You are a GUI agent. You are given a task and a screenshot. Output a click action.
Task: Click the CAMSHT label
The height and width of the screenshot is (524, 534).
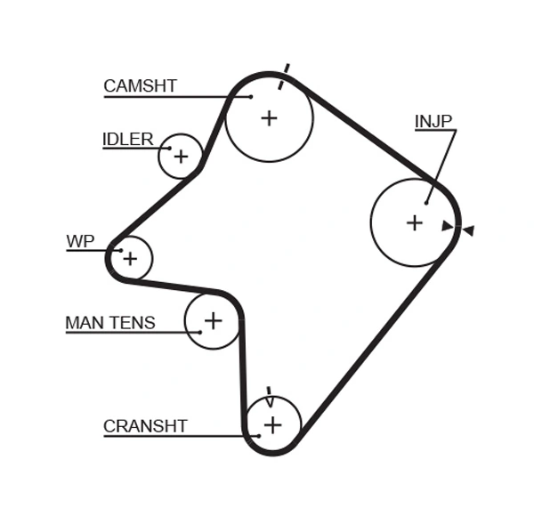140,86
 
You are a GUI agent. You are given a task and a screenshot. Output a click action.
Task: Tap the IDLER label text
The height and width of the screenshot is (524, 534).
127,140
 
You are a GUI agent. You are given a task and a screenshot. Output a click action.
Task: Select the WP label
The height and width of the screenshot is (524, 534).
79,241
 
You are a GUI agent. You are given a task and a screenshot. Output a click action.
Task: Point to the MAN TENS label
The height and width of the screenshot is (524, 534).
110,323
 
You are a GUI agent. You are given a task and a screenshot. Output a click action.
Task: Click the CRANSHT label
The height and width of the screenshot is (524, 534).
145,426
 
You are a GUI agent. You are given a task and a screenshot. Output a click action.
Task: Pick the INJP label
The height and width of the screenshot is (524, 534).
433,121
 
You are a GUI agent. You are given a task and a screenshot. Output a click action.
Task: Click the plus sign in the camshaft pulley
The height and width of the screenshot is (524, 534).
269,117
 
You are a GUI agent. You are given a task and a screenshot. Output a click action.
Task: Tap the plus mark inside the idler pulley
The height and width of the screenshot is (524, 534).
181,157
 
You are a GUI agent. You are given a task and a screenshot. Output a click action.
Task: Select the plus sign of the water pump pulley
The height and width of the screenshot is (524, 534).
130,259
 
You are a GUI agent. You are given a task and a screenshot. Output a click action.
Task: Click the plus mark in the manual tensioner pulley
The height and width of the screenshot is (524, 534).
213,320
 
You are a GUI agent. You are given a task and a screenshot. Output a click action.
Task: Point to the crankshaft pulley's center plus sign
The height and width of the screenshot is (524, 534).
272,425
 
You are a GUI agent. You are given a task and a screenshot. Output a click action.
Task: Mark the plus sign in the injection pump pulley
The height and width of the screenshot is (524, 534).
414,222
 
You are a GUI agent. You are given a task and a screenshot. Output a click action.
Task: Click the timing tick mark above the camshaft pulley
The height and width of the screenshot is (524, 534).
284,76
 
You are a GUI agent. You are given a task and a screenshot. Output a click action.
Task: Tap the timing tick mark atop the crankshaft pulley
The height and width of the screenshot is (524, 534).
269,397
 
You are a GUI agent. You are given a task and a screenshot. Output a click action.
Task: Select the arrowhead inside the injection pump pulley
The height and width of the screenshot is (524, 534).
447,226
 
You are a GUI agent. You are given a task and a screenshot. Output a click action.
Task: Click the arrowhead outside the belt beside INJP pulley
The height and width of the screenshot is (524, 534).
468,230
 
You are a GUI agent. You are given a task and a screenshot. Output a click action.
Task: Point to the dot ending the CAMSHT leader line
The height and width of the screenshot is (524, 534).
251,96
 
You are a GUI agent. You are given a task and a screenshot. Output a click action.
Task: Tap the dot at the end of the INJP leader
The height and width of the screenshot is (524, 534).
426,203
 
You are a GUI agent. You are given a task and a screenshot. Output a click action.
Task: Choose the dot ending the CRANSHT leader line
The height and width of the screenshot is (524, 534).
257,436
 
